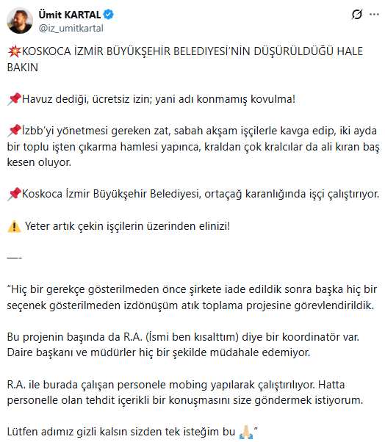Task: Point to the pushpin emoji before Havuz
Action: click(13, 98)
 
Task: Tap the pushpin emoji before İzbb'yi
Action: click(13, 131)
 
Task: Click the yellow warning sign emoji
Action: click(13, 225)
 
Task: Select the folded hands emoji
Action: click(247, 430)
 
